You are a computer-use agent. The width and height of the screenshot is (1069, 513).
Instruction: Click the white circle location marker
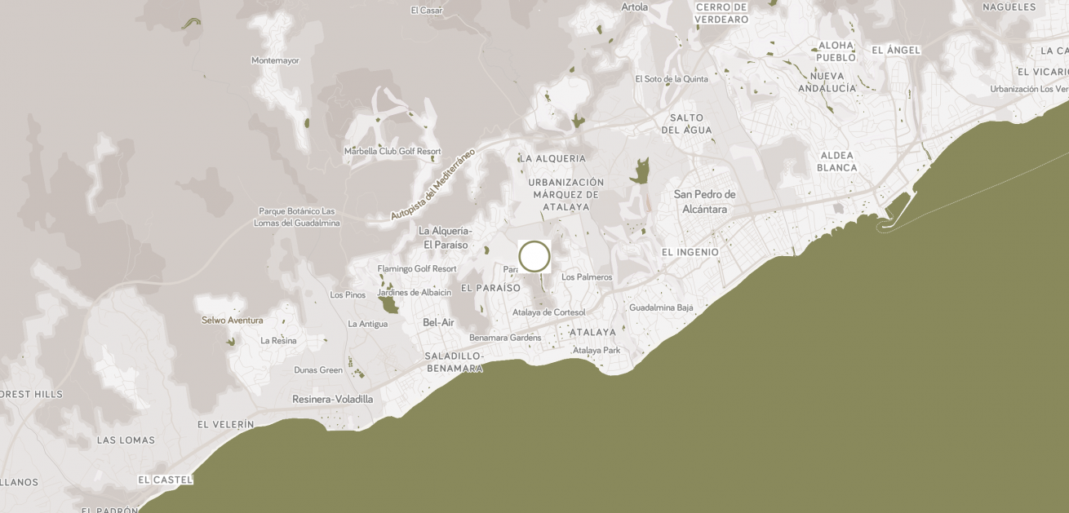tap(534, 256)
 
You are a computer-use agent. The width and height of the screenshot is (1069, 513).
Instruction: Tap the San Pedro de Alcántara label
tap(705, 201)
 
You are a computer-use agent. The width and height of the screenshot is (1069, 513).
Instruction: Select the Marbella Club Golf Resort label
tap(393, 151)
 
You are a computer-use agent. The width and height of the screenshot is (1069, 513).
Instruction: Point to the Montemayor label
tap(275, 60)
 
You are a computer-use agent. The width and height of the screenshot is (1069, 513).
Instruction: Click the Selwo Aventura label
tap(233, 320)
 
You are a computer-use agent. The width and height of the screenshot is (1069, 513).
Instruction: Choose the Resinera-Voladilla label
tap(332, 399)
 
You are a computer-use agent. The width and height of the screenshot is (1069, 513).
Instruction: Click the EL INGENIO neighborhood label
tap(690, 252)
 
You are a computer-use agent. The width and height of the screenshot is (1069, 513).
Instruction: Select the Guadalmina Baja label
tap(661, 307)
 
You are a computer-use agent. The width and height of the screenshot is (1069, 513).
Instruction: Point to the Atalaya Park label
tap(597, 350)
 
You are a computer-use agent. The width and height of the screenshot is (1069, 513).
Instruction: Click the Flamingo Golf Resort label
tap(417, 268)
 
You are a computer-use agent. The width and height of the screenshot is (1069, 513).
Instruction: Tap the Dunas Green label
tap(318, 369)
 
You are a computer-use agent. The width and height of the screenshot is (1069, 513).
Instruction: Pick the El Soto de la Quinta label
tap(672, 79)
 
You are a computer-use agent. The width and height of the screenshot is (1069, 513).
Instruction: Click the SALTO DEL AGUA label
tap(686, 124)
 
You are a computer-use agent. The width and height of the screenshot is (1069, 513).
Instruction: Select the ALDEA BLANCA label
tap(837, 161)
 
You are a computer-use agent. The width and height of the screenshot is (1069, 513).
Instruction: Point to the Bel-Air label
tap(438, 322)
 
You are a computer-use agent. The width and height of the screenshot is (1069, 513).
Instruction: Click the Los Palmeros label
tap(587, 277)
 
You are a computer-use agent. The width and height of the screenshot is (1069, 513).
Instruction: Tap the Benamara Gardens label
tap(505, 338)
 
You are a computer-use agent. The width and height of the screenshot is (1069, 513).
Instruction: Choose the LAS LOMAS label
tap(126, 440)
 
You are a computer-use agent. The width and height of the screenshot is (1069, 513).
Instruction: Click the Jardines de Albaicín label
tap(414, 293)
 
